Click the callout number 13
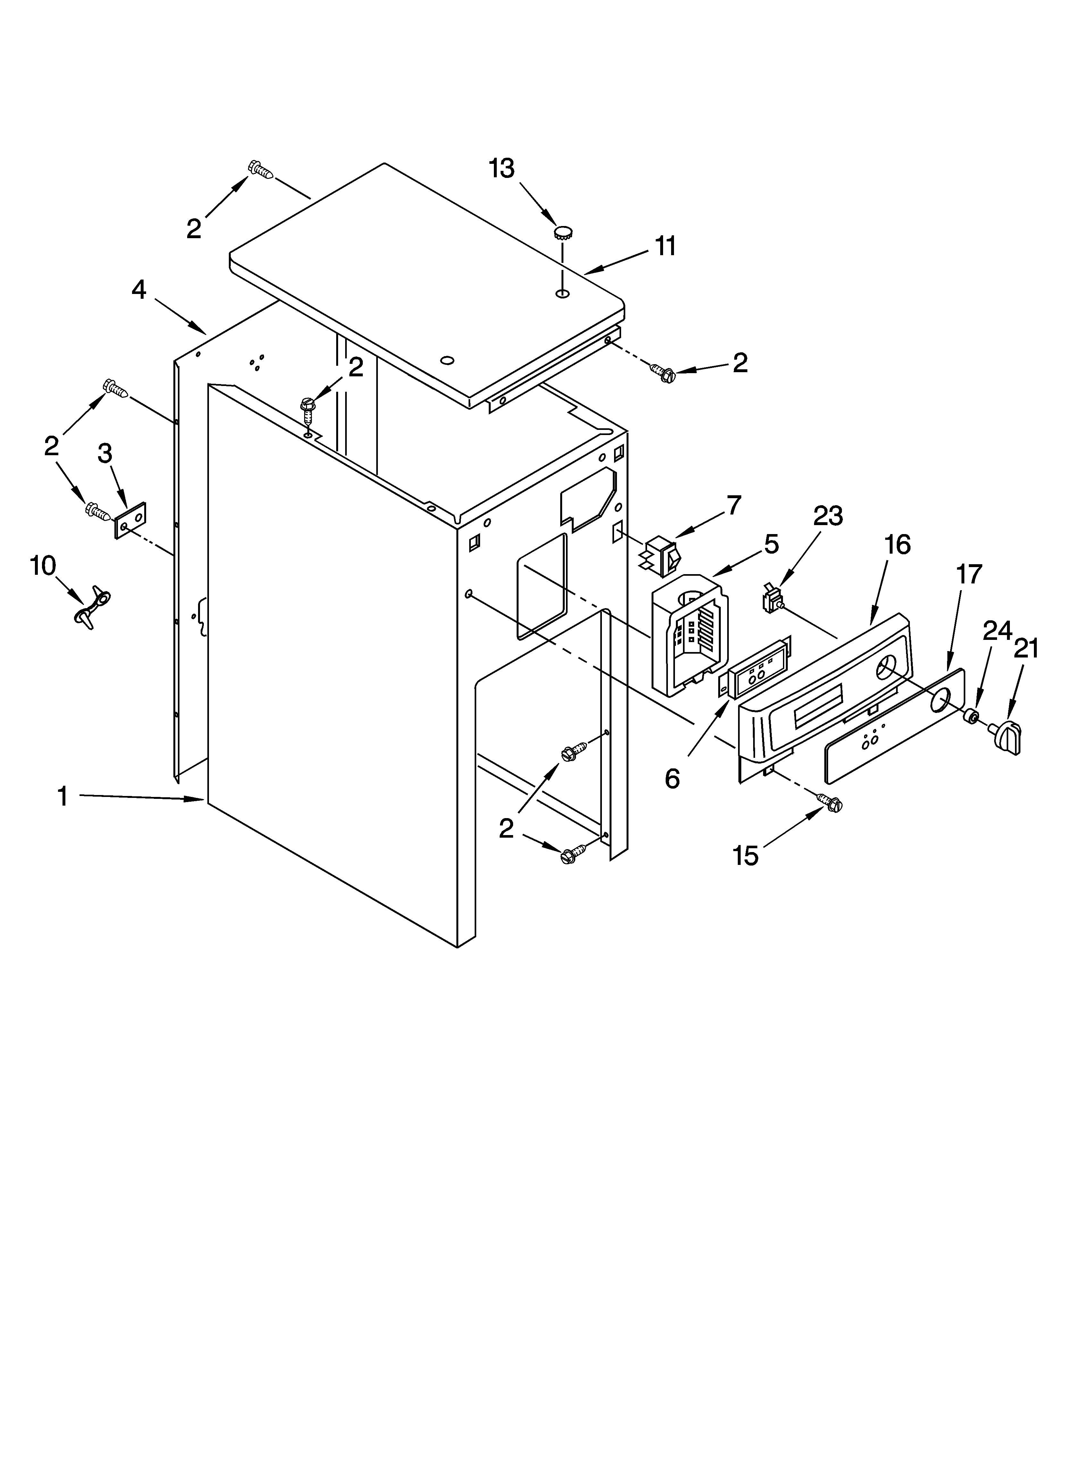[x=502, y=169]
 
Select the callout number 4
[x=138, y=289]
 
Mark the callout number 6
[x=672, y=778]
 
